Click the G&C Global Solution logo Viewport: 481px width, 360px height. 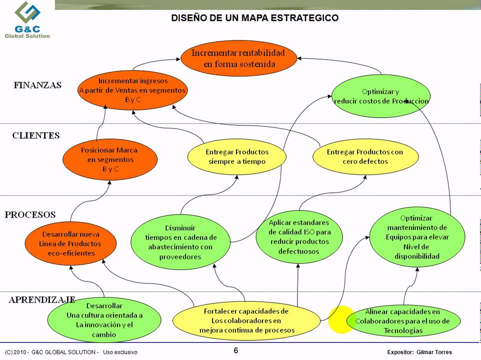point(27,20)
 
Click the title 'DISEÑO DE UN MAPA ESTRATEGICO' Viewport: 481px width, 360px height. point(254,18)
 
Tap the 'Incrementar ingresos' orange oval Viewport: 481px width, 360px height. point(132,90)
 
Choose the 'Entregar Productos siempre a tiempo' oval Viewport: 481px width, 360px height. point(237,157)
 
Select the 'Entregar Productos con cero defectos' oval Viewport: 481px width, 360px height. point(364,157)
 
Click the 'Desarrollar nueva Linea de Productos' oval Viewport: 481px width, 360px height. point(70,243)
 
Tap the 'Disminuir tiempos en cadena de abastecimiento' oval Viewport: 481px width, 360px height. point(181,242)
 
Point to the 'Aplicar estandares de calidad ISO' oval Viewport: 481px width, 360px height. point(299,236)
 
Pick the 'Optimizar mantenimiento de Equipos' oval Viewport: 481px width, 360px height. point(417,237)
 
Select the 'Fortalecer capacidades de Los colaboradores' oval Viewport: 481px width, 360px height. point(246,320)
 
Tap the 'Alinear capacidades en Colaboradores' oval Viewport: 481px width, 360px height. point(402,320)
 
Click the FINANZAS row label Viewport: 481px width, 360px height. point(37,85)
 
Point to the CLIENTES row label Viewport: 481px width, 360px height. point(35,135)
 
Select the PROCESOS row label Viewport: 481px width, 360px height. point(30,214)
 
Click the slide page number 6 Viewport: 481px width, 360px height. point(236,350)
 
